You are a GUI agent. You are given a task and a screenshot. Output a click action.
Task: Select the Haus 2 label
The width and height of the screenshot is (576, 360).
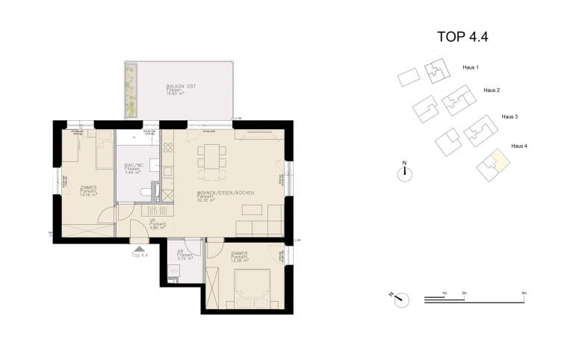(x=491, y=90)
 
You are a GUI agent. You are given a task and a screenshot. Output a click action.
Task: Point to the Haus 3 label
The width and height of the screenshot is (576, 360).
(x=510, y=117)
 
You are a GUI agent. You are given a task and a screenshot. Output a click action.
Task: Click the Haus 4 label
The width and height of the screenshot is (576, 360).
(x=518, y=146)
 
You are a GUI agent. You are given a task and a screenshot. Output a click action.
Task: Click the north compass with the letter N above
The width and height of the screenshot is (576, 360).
(x=404, y=173)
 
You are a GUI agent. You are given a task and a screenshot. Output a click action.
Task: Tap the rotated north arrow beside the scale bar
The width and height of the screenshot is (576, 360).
(x=401, y=297)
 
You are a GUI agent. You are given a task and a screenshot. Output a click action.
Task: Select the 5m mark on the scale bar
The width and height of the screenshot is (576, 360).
(x=524, y=294)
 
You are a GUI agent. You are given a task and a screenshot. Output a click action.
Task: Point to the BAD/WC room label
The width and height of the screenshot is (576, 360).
(x=134, y=167)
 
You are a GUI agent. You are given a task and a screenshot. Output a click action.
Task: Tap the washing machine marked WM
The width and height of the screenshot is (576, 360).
(x=174, y=271)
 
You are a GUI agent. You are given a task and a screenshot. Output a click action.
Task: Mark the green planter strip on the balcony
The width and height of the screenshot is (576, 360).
(x=131, y=90)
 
